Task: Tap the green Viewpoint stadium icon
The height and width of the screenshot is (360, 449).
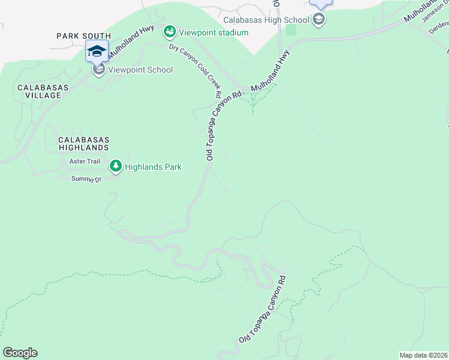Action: point(170,31)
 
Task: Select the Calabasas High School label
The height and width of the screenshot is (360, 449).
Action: point(266,20)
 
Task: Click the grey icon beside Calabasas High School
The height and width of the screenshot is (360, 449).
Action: point(318,20)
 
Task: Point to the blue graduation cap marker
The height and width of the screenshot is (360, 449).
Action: point(97,51)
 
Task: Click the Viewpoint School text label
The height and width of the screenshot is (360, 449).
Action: point(140,70)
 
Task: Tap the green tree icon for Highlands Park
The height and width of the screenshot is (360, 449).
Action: point(115,165)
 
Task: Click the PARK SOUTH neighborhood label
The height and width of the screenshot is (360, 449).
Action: point(84,36)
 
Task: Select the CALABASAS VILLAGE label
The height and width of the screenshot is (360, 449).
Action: point(39,91)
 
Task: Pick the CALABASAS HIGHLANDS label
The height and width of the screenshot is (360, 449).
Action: point(83,143)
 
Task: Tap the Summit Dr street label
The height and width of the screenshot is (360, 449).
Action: point(87,179)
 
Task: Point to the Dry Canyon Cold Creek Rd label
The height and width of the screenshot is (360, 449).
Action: point(196,71)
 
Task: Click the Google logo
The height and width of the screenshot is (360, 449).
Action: point(20,353)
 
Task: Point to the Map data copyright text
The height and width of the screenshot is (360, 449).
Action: point(423,355)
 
